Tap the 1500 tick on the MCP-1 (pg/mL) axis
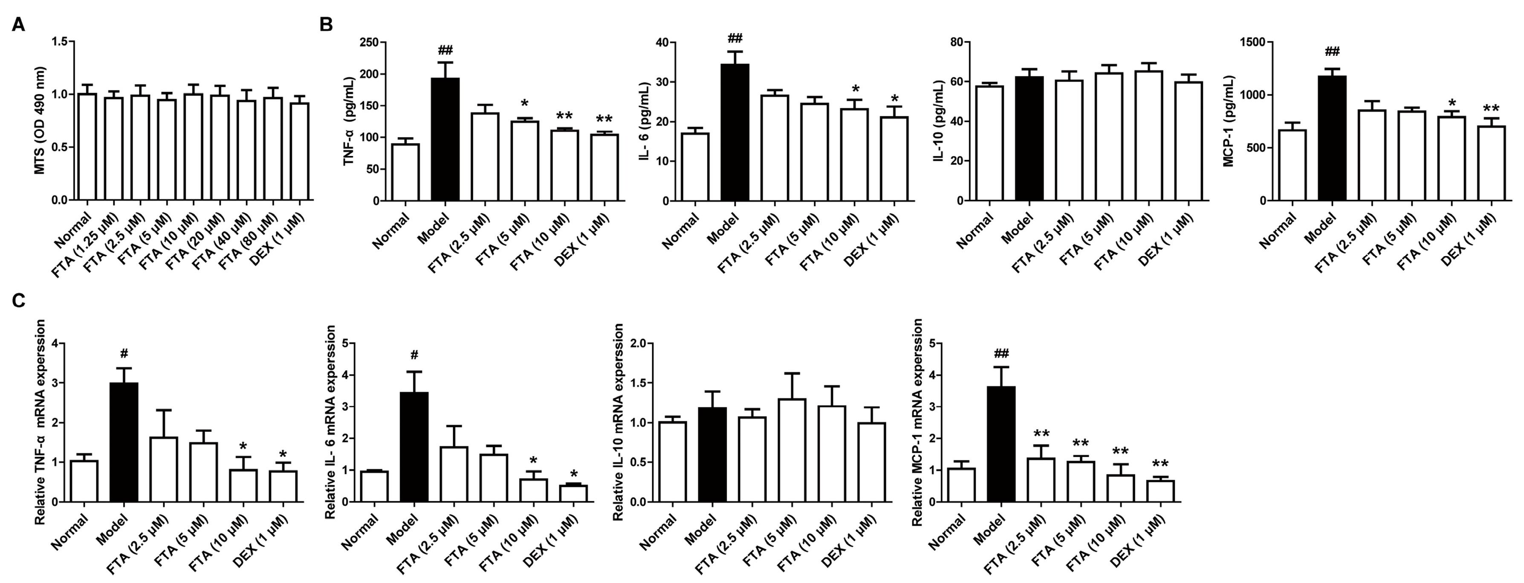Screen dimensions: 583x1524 click(1253, 42)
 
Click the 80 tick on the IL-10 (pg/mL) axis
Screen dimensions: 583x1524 click(954, 42)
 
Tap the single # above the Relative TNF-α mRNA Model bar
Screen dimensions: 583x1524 click(124, 354)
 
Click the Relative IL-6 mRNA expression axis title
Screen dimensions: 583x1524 click(331, 421)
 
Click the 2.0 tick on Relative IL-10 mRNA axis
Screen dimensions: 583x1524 click(641, 343)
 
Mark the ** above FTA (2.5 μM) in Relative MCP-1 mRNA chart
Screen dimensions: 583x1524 click(1041, 433)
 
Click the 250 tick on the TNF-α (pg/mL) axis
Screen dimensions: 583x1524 click(370, 43)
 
